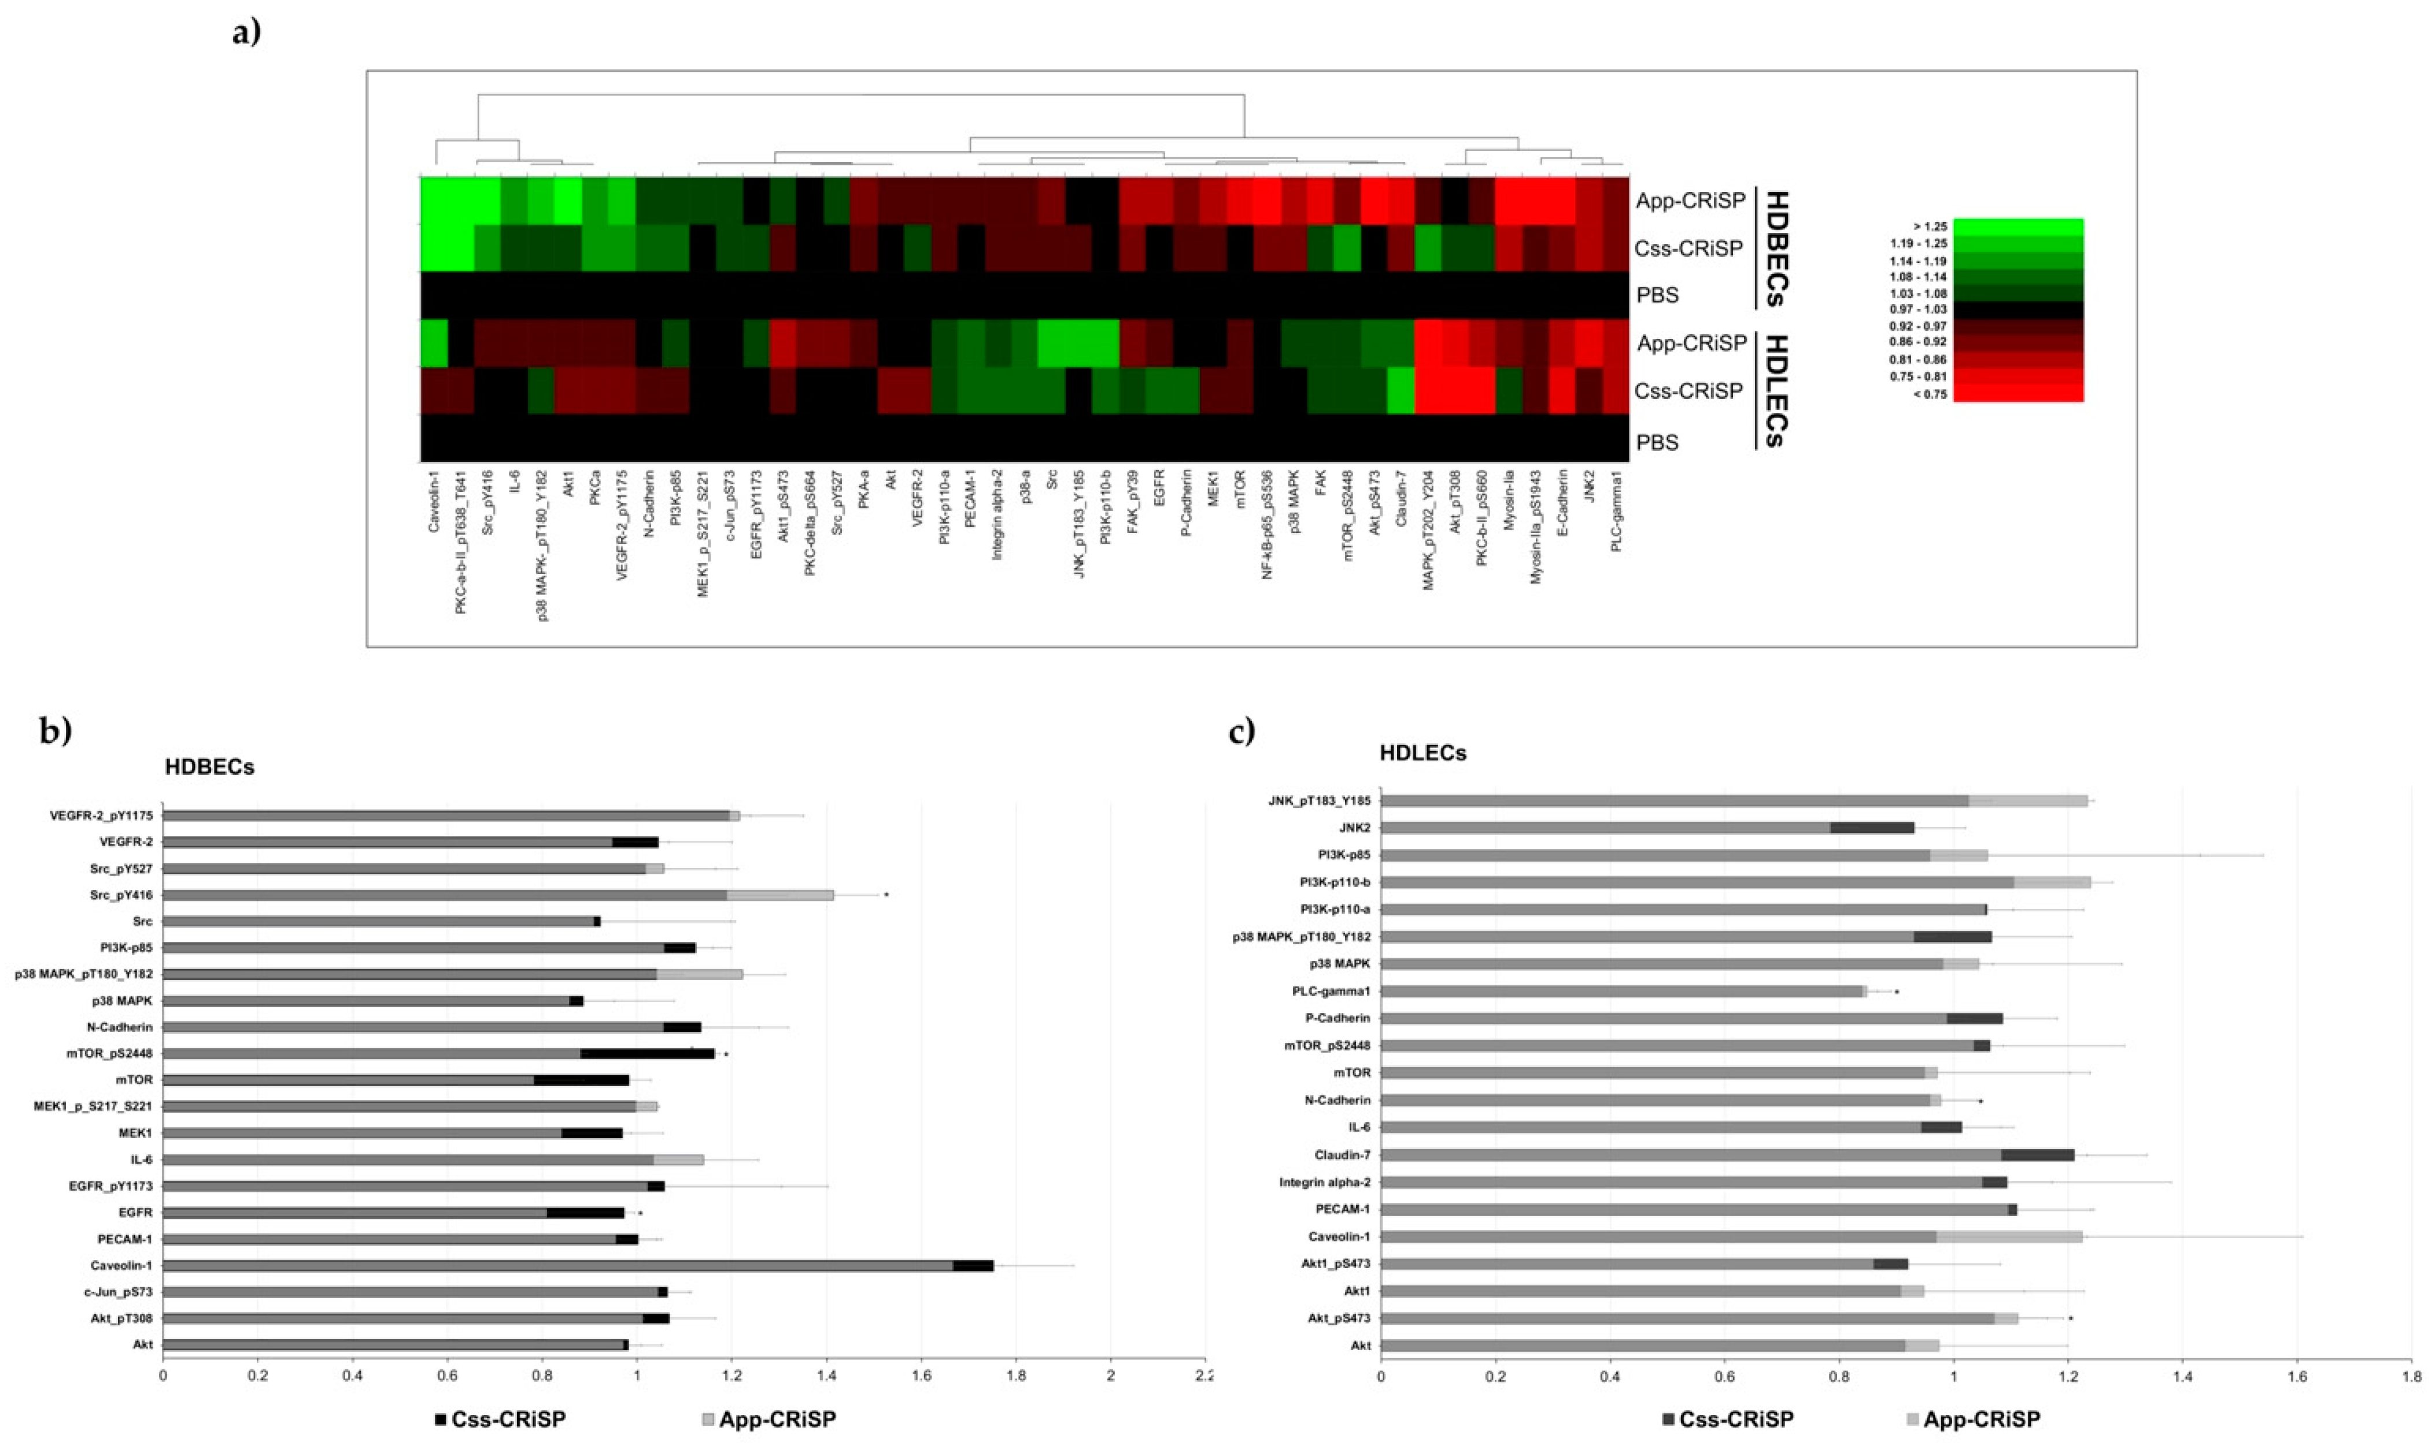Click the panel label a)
pos(246,32)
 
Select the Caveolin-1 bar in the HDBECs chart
pos(579,1266)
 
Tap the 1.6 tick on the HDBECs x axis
pos(920,1377)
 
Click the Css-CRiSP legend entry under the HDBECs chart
pos(500,1420)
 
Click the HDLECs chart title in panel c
pos(1422,753)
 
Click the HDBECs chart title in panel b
pos(209,767)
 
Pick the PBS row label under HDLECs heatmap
pos(1657,442)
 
